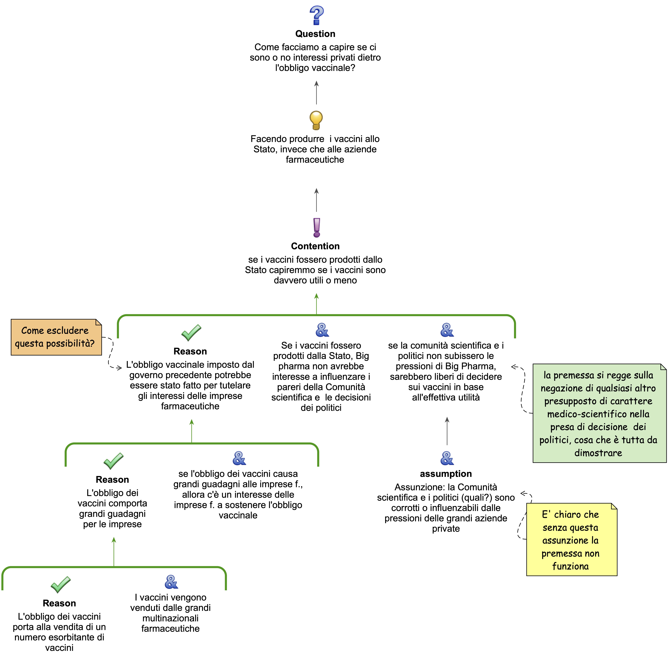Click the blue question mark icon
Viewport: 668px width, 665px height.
[316, 16]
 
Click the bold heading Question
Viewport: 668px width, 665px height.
[315, 34]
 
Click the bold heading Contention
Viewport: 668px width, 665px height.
[315, 246]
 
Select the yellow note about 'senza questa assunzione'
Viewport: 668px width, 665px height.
[571, 540]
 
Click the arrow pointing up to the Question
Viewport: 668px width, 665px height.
[316, 93]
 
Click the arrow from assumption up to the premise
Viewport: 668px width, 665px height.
[447, 431]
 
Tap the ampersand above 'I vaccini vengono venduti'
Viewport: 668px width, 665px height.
[171, 582]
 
